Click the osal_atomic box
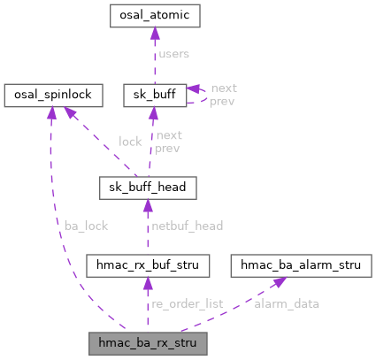coord(154,16)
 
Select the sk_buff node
coord(154,94)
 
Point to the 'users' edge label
coord(174,55)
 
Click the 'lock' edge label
coord(129,141)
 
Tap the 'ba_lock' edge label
coord(86,226)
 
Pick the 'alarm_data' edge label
coord(288,303)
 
